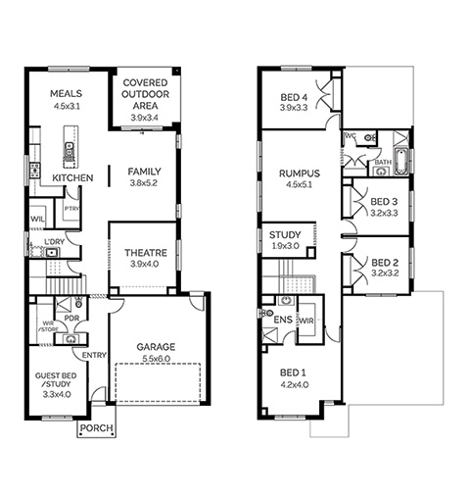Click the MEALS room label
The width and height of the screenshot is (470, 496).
pos(66,94)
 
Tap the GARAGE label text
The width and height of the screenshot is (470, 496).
pos(156,347)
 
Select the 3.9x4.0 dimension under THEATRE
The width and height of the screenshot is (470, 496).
pos(145,264)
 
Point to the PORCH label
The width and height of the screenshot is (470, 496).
pos(97,428)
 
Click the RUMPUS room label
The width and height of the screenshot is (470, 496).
pos(300,174)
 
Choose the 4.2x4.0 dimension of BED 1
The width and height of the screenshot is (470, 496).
pos(295,385)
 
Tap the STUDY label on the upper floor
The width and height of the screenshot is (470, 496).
pos(285,235)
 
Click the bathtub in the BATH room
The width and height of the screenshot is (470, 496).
pos(400,162)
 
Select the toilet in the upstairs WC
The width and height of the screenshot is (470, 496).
pos(369,138)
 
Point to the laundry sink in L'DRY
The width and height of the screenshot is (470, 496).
pos(52,253)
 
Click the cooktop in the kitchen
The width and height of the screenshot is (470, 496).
pos(34,171)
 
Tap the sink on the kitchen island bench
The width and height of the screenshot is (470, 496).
pos(69,149)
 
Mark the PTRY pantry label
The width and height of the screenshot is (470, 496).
pos(71,209)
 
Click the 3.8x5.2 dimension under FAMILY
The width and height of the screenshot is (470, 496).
pos(144,183)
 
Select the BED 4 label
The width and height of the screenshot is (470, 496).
pos(294,97)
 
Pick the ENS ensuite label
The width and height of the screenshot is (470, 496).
pos(283,320)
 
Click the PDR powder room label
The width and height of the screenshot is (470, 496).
pos(71,318)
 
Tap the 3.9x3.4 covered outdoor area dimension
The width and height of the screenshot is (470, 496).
pos(145,118)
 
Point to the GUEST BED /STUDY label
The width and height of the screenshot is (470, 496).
pos(56,380)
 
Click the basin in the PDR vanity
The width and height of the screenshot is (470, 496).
pos(70,339)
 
